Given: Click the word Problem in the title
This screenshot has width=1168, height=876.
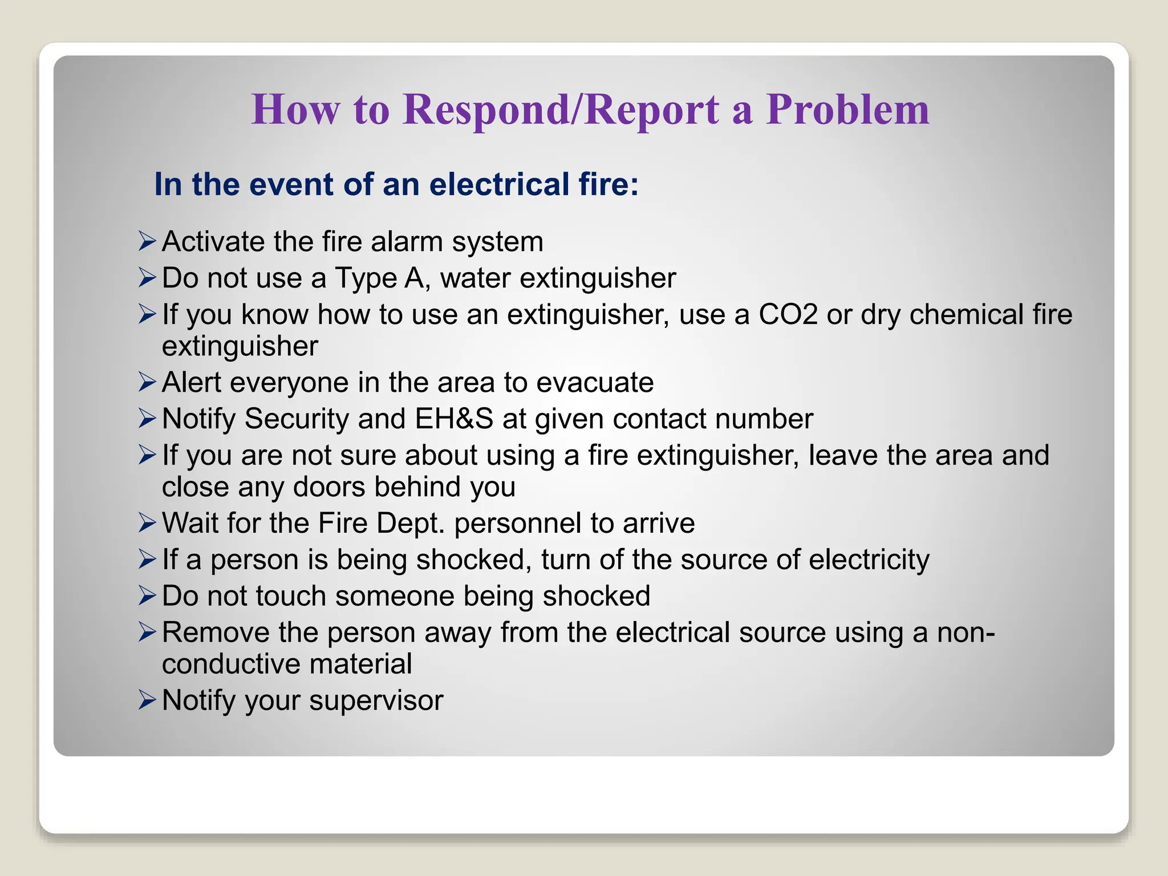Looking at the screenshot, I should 847,109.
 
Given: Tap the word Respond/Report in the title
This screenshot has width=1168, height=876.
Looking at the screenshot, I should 561,109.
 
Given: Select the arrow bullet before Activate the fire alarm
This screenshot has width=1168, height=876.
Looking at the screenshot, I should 147,241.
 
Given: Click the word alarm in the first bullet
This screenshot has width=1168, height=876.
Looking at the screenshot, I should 407,241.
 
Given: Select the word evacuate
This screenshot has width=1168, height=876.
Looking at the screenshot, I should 595,382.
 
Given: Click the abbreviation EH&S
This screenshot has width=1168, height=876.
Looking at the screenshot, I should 454,419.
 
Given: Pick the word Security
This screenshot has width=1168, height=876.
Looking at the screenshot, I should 297,419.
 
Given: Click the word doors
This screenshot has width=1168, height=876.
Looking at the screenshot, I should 329,487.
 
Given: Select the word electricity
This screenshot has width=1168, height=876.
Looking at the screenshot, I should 869,559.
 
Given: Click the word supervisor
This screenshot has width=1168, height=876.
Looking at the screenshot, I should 376,700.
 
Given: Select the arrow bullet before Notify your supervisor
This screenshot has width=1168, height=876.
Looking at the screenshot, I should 147,700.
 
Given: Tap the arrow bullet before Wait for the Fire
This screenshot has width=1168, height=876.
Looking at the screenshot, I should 147,523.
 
